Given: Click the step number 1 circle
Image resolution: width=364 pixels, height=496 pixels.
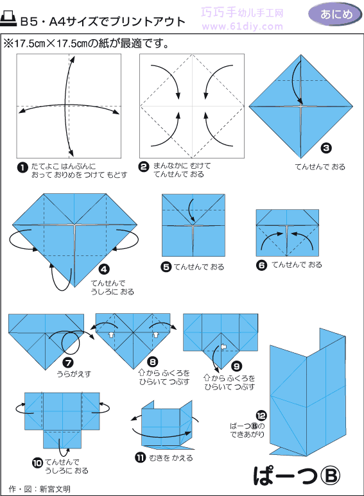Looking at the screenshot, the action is [22, 167].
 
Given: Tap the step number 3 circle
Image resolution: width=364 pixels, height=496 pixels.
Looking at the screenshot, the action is [326, 148].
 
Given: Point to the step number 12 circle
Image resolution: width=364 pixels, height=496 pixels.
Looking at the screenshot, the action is [261, 416].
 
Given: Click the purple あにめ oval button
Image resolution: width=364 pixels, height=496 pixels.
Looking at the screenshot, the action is [336, 15].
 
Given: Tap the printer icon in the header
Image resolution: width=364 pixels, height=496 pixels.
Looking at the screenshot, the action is [8, 19].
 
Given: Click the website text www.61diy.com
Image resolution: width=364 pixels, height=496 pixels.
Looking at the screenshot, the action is [243, 26].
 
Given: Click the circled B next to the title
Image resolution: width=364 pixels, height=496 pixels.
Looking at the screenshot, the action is [330, 475].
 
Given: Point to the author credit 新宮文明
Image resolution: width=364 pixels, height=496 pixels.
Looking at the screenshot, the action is [55, 489].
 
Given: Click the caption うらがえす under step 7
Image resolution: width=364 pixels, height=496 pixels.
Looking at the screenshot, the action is [74, 374].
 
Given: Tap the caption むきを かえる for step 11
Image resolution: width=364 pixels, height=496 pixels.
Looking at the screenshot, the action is [171, 458].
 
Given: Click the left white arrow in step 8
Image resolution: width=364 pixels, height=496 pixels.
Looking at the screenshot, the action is [111, 334].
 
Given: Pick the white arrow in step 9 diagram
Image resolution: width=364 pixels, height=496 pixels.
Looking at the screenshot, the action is [224, 346].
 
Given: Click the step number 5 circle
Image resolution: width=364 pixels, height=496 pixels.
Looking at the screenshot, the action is [166, 267].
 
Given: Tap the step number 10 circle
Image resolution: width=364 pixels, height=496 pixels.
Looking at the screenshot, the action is [37, 463].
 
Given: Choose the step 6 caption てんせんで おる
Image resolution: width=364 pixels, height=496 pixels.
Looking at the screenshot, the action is [297, 265].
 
